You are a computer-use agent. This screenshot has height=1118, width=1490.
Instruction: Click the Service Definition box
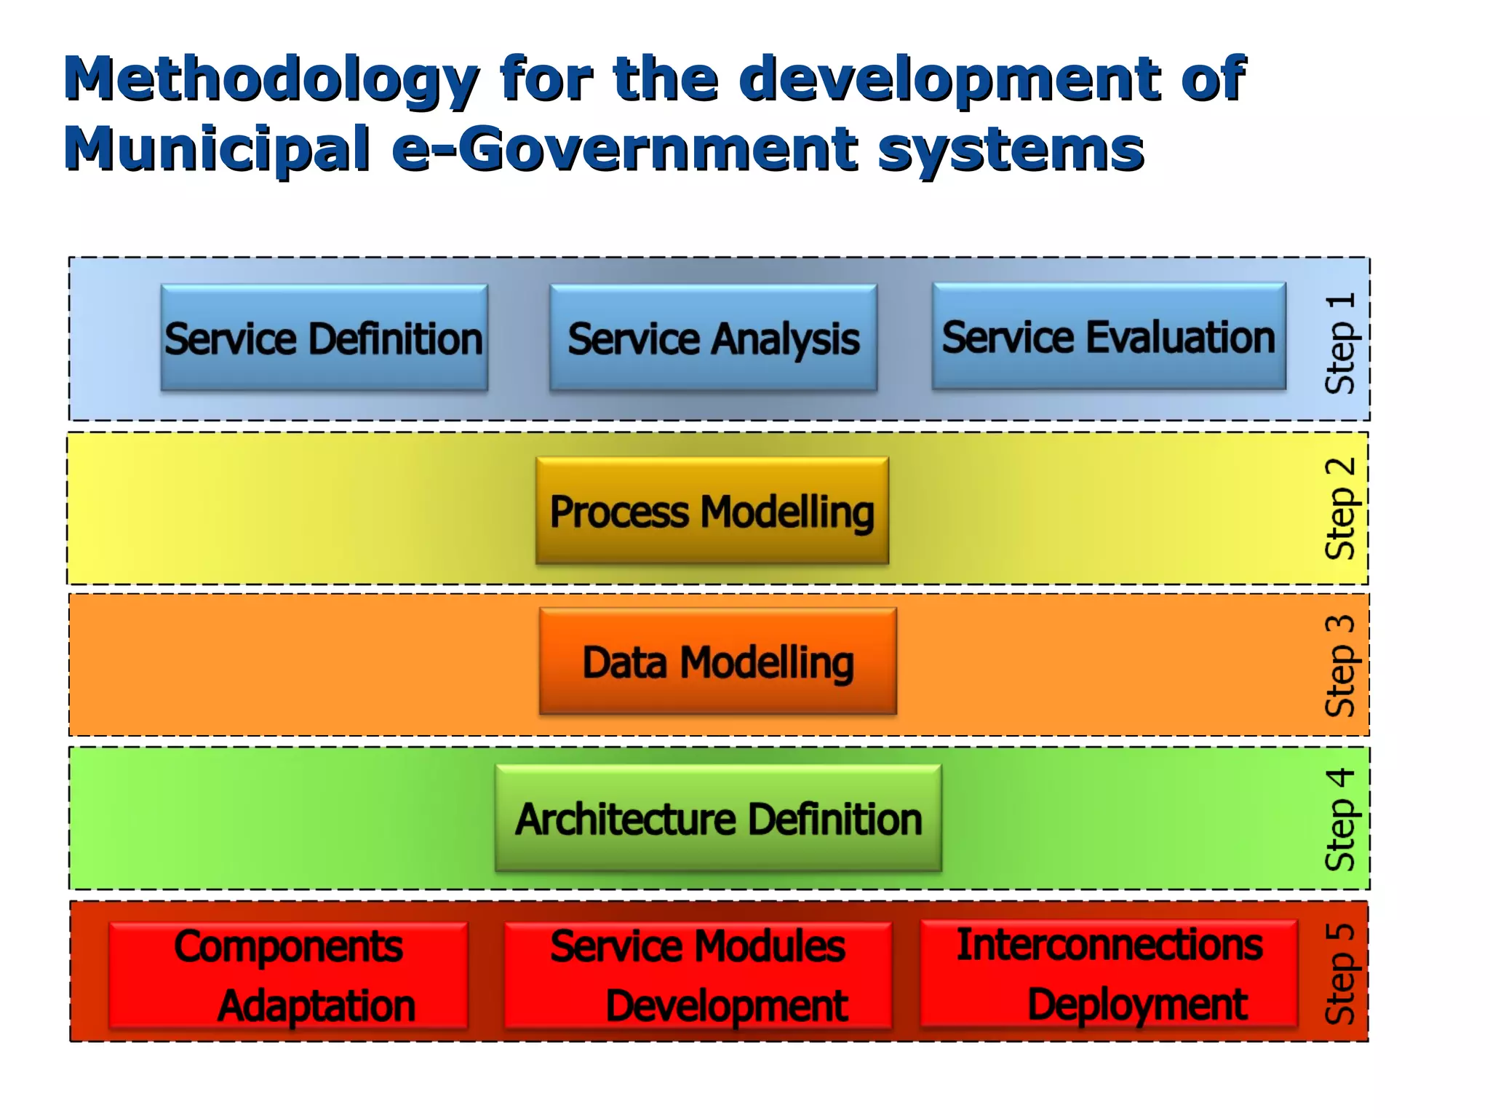click(324, 338)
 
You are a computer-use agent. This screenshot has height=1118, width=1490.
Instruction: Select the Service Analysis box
click(713, 338)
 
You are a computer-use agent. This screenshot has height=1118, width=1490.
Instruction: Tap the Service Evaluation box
click(1109, 337)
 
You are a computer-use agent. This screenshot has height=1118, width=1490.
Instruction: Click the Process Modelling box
click(712, 511)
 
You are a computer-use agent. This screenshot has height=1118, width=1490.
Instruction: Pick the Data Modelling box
click(717, 662)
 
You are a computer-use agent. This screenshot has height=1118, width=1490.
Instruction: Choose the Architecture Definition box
click(718, 818)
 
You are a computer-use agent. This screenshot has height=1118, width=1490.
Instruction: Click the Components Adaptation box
click(288, 975)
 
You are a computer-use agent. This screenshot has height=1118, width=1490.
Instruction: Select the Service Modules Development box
click(698, 975)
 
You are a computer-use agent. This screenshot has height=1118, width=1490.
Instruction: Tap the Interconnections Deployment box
click(1109, 974)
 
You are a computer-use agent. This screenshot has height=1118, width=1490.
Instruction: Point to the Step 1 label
click(1340, 344)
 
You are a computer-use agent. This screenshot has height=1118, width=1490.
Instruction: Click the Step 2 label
click(1340, 509)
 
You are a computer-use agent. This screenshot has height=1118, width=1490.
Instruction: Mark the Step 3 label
click(1340, 665)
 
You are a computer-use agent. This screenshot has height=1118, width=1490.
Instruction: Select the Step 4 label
click(1340, 820)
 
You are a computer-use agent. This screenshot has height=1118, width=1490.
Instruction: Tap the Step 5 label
click(1340, 974)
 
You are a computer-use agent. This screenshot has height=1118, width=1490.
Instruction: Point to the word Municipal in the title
click(218, 149)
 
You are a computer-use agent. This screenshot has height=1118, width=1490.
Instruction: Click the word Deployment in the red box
click(1138, 1005)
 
